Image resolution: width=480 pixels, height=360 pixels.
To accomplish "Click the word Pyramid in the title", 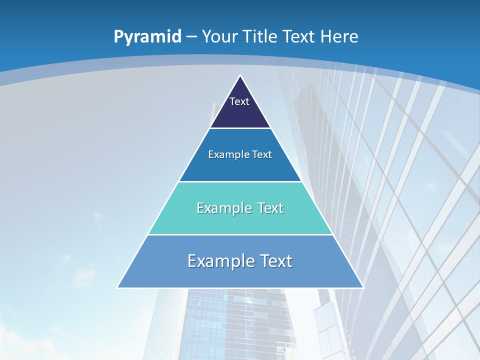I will click(x=147, y=37).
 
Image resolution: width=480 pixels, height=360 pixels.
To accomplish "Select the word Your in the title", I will click(x=219, y=36).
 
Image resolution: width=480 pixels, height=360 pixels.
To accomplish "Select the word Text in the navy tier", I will click(x=239, y=101).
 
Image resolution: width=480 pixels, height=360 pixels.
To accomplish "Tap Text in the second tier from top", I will click(x=262, y=154).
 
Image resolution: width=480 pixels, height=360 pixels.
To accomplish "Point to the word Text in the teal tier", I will click(x=270, y=208).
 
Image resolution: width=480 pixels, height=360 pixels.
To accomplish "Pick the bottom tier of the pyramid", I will click(x=240, y=275).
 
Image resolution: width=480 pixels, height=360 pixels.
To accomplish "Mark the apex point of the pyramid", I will click(x=240, y=76).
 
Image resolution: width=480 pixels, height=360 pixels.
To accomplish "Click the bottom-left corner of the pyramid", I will click(x=118, y=287).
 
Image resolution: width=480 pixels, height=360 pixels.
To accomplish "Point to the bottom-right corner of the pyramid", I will click(x=362, y=287).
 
